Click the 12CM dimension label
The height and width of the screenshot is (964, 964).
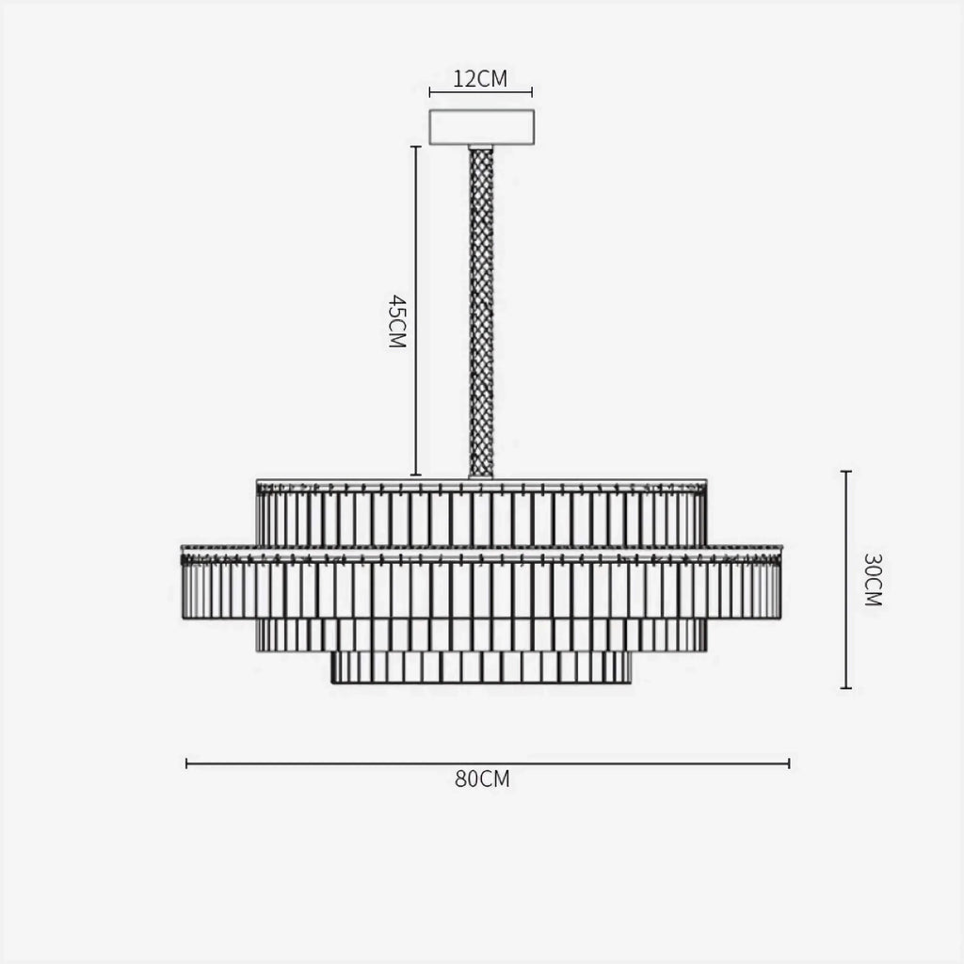click(x=480, y=79)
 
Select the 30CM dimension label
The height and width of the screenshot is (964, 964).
click(x=872, y=579)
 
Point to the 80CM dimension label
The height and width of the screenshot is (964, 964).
click(x=482, y=779)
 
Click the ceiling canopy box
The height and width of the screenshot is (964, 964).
click(x=481, y=127)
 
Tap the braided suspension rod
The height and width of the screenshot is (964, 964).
click(x=481, y=311)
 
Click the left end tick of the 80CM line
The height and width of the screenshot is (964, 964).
click(x=187, y=763)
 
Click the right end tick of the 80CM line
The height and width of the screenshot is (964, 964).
click(x=788, y=763)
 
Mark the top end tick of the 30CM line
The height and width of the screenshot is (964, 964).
click(x=845, y=472)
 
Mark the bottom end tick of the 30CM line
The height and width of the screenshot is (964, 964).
click(x=845, y=688)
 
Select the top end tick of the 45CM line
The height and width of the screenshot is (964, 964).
click(x=415, y=147)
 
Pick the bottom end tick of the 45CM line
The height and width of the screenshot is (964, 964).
click(x=415, y=475)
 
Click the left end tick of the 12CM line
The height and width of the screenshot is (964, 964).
click(x=430, y=92)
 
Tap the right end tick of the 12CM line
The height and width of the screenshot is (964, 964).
click(x=532, y=92)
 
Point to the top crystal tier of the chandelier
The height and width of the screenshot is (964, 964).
click(x=481, y=513)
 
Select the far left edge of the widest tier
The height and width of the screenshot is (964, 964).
click(x=184, y=584)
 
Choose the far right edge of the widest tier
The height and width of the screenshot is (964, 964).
click(x=779, y=584)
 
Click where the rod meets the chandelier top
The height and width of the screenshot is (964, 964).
click(x=481, y=476)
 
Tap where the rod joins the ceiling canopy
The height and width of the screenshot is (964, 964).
click(x=481, y=147)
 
